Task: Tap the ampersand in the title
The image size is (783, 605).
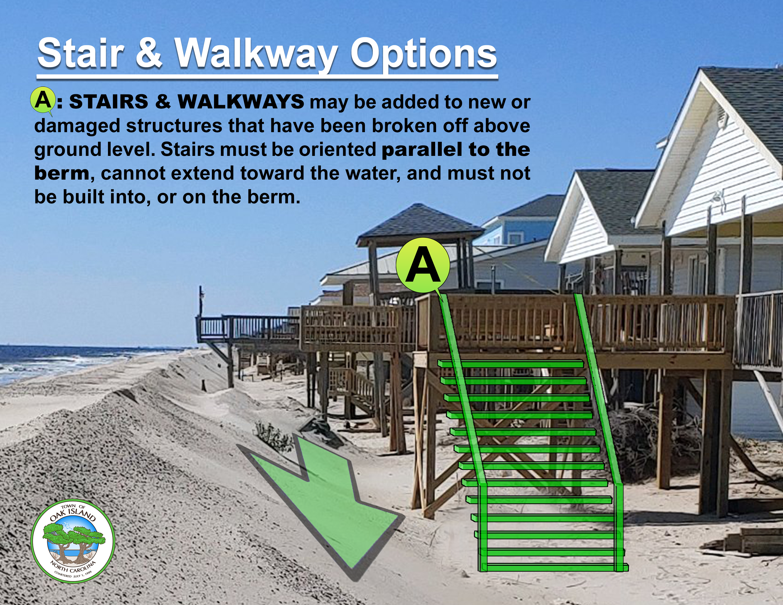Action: coord(149,54)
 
